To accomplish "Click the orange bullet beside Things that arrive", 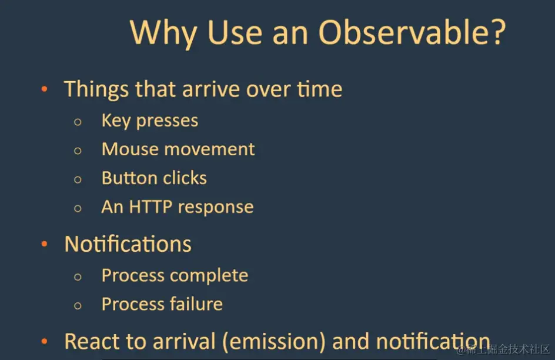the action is pyautogui.click(x=44, y=89).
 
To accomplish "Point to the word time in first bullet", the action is pyautogui.click(x=319, y=89).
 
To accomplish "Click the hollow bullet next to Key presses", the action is pyautogui.click(x=78, y=122).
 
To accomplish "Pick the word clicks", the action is pyautogui.click(x=185, y=178).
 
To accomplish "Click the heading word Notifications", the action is pyautogui.click(x=128, y=244).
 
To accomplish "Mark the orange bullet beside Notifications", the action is pyautogui.click(x=44, y=244).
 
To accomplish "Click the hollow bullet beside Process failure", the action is pyautogui.click(x=78, y=306).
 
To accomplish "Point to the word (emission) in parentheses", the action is pyautogui.click(x=273, y=342).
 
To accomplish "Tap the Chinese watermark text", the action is pyautogui.click(x=503, y=350).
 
